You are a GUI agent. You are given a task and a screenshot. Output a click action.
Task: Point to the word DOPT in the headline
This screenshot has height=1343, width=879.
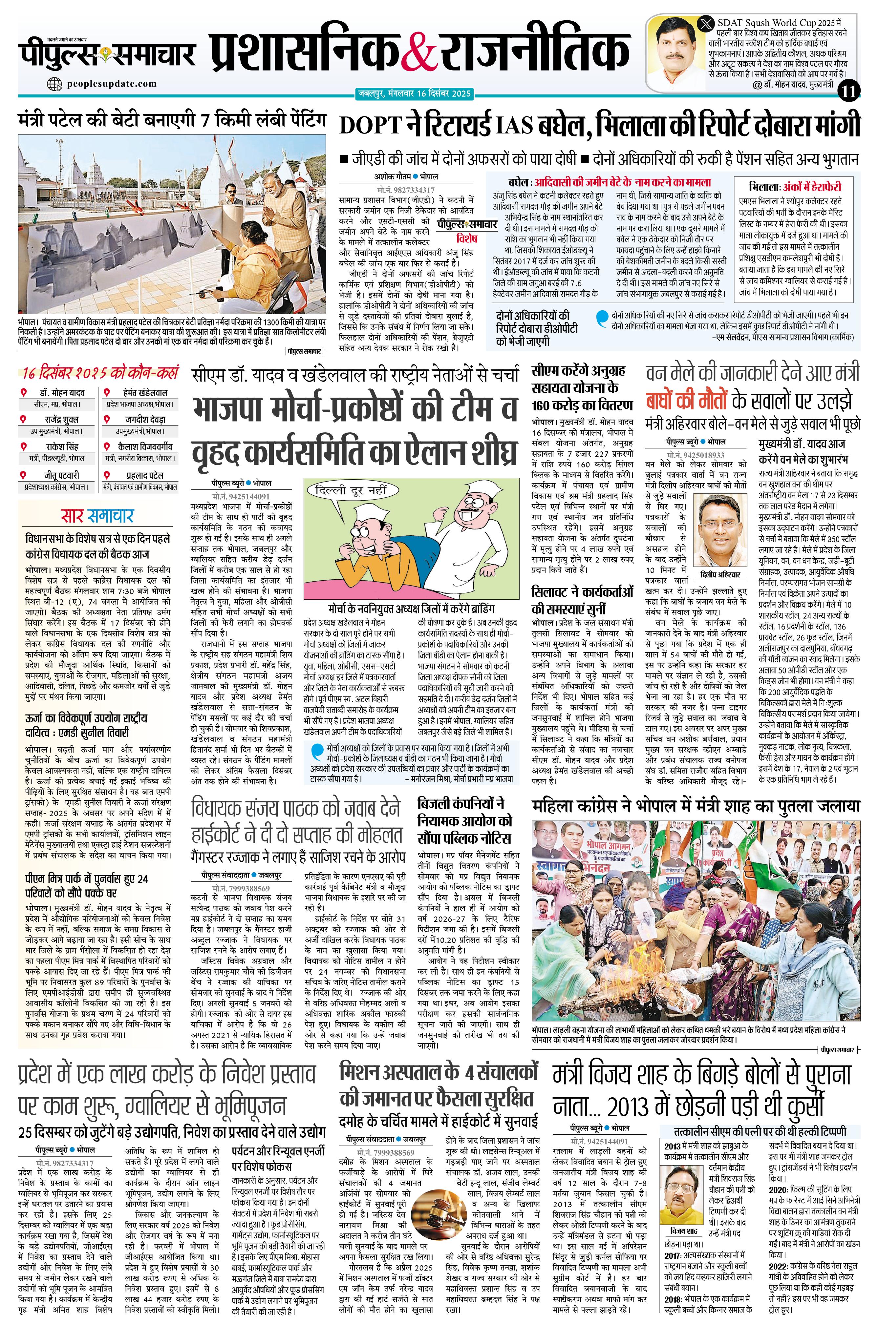pos(370,125)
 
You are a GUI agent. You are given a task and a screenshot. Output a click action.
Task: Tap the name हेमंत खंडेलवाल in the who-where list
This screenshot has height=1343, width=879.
pos(138,392)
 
